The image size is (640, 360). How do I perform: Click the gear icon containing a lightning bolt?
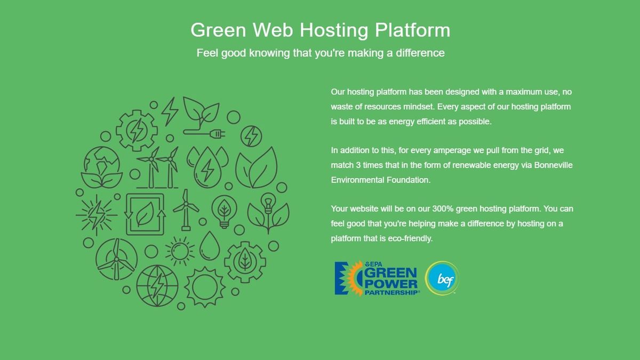click(x=137, y=130)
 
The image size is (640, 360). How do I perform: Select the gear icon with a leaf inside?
click(x=245, y=261)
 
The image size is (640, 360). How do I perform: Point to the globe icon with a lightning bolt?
click(x=157, y=286)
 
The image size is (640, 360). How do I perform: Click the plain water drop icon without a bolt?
click(x=210, y=244)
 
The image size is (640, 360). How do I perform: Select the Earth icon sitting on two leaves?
click(x=101, y=165)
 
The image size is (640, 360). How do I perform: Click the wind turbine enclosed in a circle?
click(x=116, y=259)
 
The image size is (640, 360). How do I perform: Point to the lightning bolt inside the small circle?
click(x=251, y=136)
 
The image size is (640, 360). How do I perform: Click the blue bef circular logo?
click(x=442, y=278)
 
